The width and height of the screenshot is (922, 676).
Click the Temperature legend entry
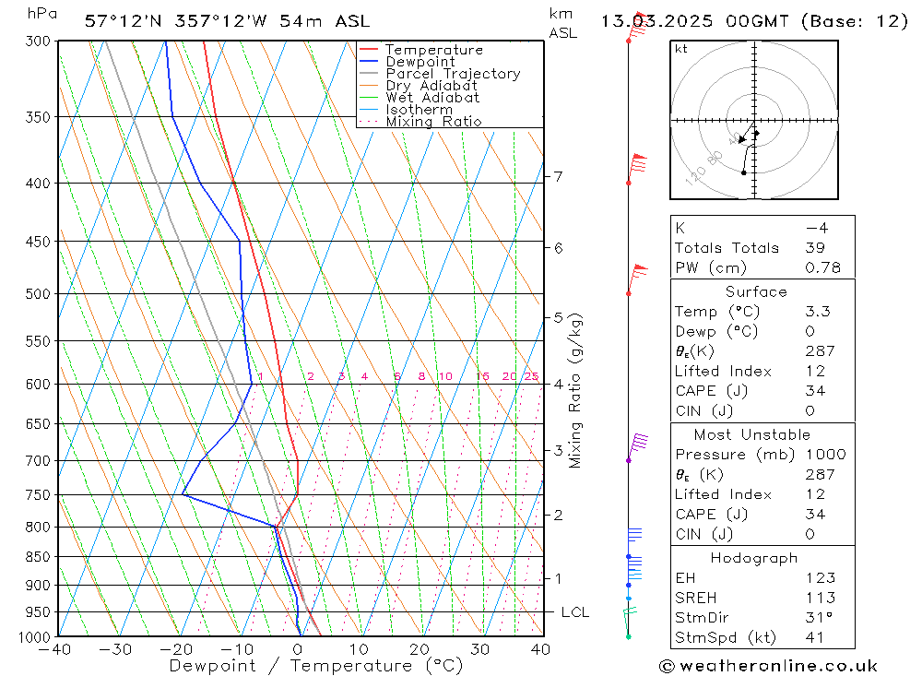tap(433, 50)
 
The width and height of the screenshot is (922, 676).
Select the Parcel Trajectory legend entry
tap(453, 74)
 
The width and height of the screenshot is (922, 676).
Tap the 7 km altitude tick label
tap(559, 176)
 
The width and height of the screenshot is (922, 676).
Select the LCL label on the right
tap(574, 612)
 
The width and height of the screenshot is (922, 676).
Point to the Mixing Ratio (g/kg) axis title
tap(576, 390)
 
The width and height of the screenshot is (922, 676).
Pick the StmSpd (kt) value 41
tap(814, 637)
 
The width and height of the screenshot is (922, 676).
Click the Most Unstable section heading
tap(751, 434)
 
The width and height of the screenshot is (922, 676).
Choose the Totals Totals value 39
tap(814, 247)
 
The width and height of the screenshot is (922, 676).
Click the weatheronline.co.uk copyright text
tap(768, 666)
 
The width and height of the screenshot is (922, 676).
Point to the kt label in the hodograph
tap(681, 49)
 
